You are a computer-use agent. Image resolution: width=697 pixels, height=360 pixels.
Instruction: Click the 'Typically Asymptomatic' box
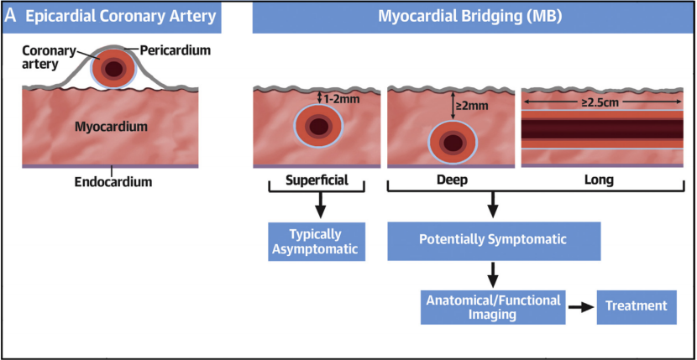coord(317,242)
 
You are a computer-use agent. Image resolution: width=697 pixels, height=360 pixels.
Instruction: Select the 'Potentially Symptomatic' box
coord(494,241)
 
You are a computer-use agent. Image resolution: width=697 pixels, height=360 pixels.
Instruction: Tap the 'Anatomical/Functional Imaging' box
coord(494,307)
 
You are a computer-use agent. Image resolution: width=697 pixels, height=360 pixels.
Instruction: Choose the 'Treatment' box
coord(637,307)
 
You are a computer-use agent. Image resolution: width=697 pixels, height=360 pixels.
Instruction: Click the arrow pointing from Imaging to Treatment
coord(581,308)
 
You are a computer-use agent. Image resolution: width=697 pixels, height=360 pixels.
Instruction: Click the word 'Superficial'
coord(317,180)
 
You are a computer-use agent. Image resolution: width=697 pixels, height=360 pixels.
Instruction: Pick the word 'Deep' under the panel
coord(452,181)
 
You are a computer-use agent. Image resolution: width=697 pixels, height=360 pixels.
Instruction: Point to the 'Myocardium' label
coord(111,127)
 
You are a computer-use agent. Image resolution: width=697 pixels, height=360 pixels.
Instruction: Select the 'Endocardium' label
coord(113,182)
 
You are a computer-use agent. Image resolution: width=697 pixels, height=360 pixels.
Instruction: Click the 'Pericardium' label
coord(176,50)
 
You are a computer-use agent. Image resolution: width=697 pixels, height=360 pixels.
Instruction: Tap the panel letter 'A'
coord(10,17)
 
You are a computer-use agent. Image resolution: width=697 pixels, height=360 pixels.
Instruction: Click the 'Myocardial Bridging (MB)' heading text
coord(470,17)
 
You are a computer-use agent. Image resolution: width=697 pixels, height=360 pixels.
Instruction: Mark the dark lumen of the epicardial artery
coord(114,69)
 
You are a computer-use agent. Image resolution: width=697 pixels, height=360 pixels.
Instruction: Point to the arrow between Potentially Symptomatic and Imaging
coord(493,274)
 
